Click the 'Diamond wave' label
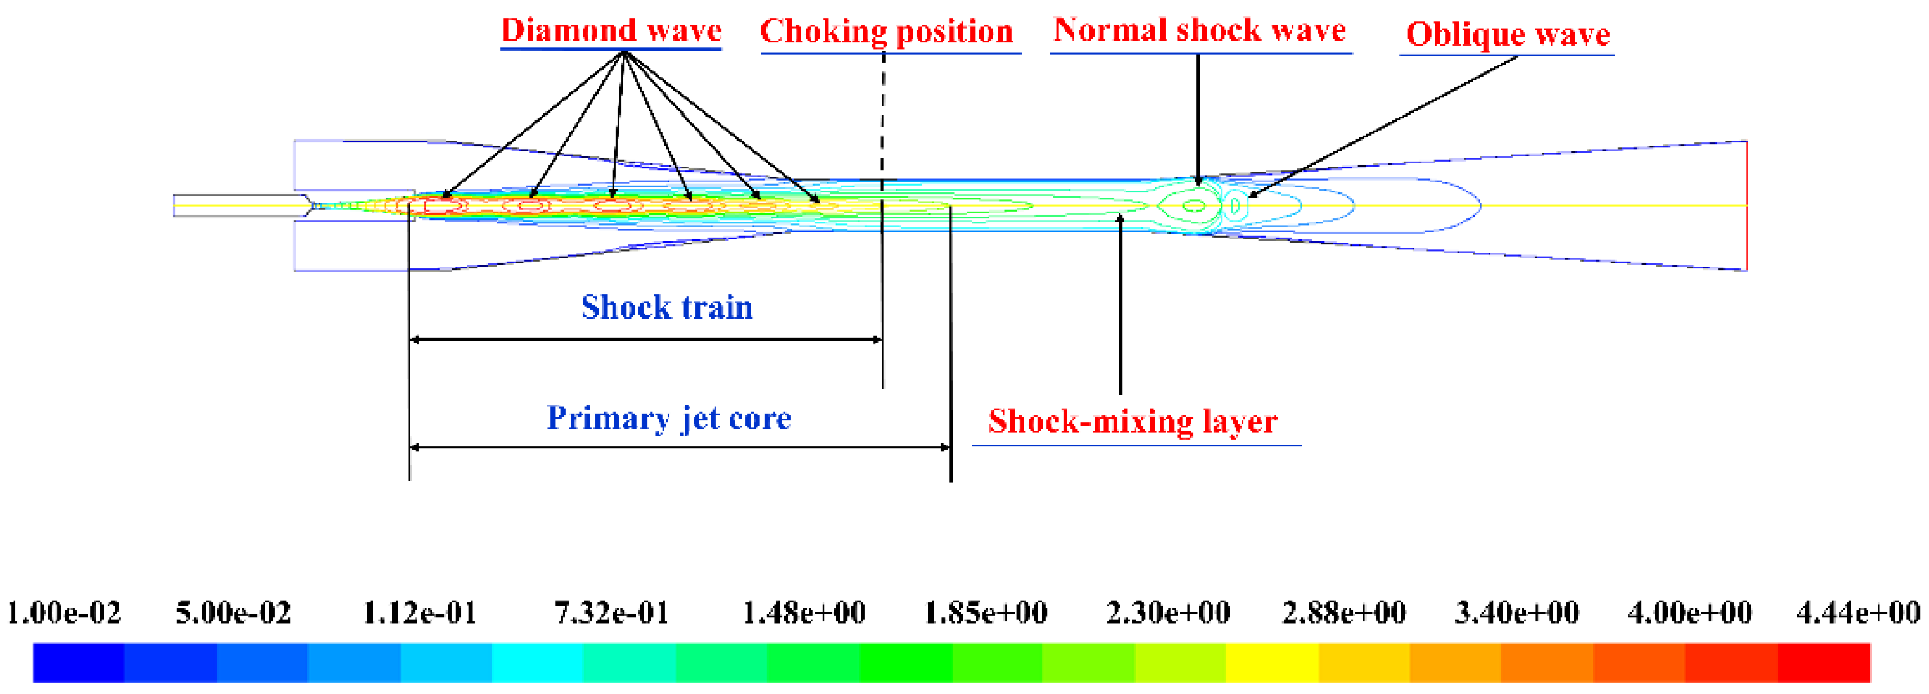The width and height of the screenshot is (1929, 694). click(611, 30)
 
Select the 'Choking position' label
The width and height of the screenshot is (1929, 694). click(887, 32)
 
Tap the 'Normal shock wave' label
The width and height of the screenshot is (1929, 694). click(1200, 30)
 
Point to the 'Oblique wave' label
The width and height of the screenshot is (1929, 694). click(1507, 34)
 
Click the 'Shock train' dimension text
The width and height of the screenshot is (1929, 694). click(667, 307)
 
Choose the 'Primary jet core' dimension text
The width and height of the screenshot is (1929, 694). click(669, 418)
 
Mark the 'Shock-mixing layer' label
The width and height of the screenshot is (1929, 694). click(1132, 422)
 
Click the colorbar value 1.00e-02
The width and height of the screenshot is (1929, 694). click(64, 613)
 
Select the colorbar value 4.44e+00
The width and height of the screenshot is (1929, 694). click(1857, 613)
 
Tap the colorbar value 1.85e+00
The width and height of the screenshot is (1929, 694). click(985, 613)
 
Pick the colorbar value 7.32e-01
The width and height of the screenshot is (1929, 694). click(611, 613)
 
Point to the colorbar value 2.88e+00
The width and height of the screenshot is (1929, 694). click(1343, 613)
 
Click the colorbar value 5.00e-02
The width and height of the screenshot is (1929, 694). click(233, 613)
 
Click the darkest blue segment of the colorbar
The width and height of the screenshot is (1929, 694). click(79, 662)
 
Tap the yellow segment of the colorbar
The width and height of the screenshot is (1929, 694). click(1271, 662)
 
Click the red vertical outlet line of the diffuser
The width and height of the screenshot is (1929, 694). click(1746, 206)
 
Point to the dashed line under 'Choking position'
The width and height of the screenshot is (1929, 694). click(883, 120)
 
